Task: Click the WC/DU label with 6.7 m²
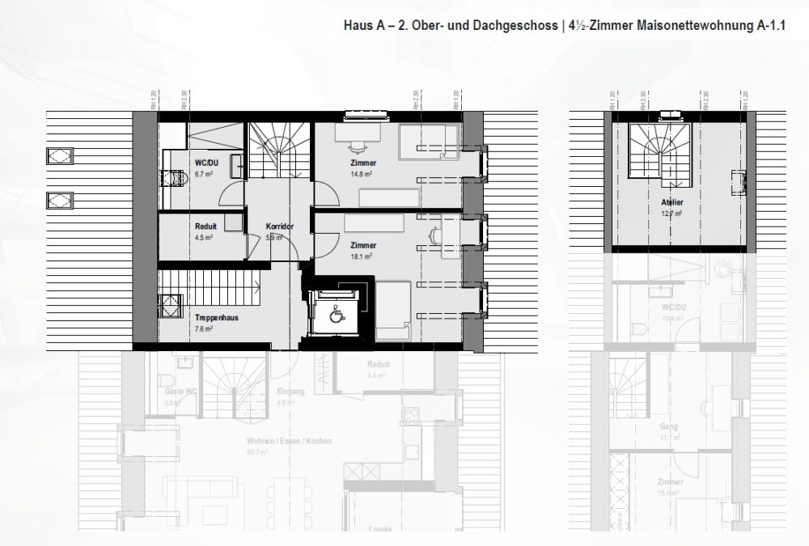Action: coord(201,163)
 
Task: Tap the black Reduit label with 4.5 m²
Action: coord(205,227)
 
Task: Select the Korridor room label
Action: coord(279,227)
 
